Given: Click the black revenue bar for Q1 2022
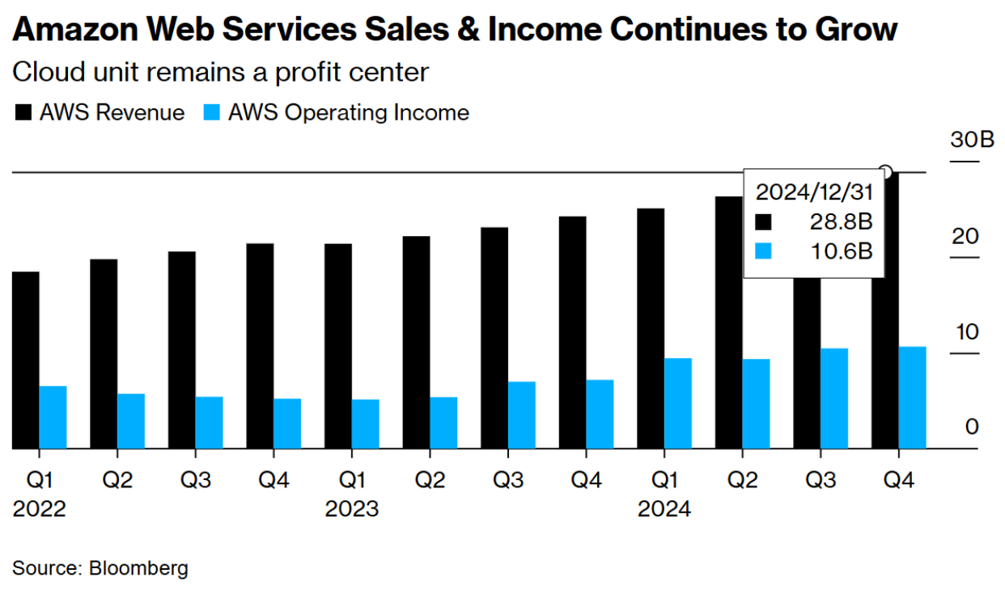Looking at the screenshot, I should pyautogui.click(x=26, y=360).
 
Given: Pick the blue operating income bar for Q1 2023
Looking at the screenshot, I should pyautogui.click(x=365, y=424).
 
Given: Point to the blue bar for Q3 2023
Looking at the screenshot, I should pyautogui.click(x=522, y=415).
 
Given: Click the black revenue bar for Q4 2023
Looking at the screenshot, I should pyautogui.click(x=573, y=331).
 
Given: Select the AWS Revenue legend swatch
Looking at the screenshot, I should pyautogui.click(x=23, y=112).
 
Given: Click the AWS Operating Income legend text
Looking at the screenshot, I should pyautogui.click(x=349, y=112).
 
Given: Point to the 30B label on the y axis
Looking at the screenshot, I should pyautogui.click(x=971, y=140).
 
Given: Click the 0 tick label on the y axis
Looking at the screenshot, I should pyautogui.click(x=972, y=427).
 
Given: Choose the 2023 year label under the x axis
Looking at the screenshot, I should pyautogui.click(x=351, y=509).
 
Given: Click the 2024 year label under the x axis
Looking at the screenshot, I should pyautogui.click(x=664, y=509).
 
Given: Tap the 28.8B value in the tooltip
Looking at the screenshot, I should pyautogui.click(x=843, y=221).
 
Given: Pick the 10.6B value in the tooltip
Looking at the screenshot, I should pyautogui.click(x=843, y=251).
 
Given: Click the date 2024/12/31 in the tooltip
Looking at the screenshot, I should pyautogui.click(x=813, y=192).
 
